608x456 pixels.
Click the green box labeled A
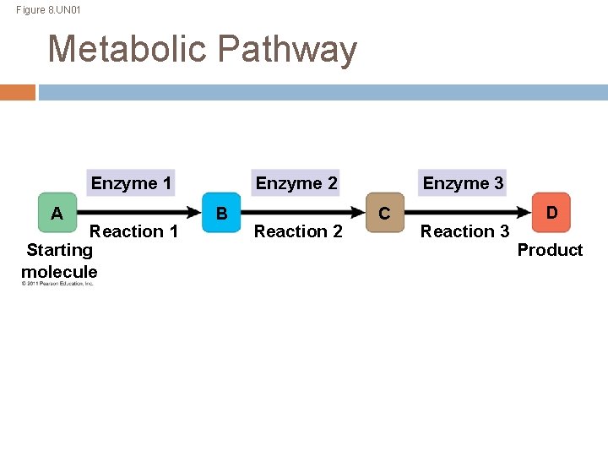57,213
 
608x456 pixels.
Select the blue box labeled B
221,213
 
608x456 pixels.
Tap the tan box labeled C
384,213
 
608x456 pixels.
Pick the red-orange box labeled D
551,212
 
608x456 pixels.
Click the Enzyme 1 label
131,183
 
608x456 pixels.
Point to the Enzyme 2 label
296,183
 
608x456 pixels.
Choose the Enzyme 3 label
463,183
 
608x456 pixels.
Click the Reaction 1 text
133,231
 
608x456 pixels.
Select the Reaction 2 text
298,231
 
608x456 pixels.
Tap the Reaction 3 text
464,231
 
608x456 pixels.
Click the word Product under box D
550,250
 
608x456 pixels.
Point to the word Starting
59,250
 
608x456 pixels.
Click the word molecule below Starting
59,272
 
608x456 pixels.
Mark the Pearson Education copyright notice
57,284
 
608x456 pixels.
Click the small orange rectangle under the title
18,92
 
